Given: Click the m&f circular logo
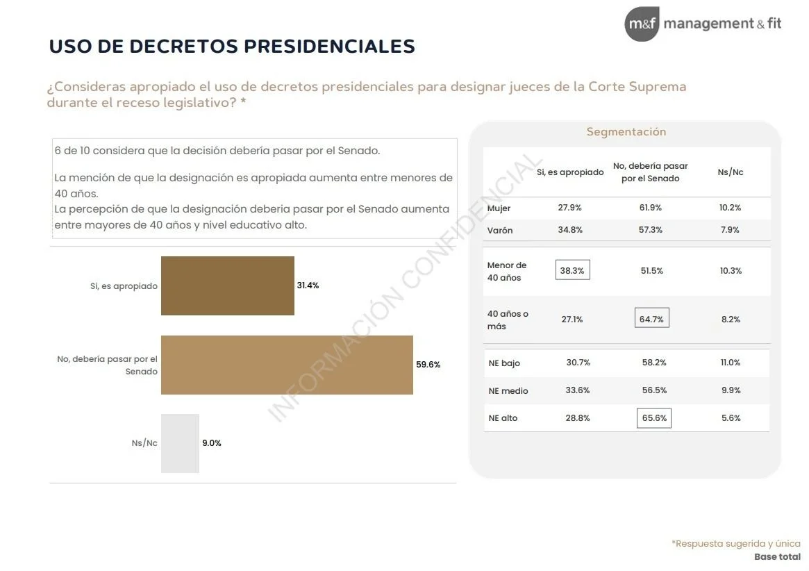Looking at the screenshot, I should coord(642,24).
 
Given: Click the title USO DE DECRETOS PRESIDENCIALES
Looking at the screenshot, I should coord(232,47).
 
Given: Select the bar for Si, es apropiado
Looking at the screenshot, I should coord(228,285).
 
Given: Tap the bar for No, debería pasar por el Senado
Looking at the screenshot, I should coord(287,365).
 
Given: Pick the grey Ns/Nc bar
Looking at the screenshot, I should coord(180,443).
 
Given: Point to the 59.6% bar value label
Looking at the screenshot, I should coord(428,365).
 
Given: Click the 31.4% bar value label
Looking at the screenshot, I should coord(308,285).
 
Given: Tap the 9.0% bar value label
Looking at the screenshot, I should coord(211,443).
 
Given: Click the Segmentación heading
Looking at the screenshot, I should coord(626,132).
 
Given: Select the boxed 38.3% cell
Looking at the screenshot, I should coord(572,270).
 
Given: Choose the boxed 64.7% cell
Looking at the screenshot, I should coord(651,319).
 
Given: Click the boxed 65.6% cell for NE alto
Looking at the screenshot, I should coord(654,418).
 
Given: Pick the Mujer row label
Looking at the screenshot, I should coord(499,208).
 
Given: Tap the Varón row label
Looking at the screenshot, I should coord(500,230).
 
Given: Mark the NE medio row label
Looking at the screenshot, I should coord(508,391).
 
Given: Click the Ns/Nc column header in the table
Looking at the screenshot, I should coord(730,172).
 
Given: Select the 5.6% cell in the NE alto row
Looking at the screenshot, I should coord(731,418).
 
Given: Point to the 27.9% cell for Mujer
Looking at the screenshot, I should coord(569,208).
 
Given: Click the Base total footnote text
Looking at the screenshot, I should coord(777,557).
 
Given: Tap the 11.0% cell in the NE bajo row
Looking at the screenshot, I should coord(731,363).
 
